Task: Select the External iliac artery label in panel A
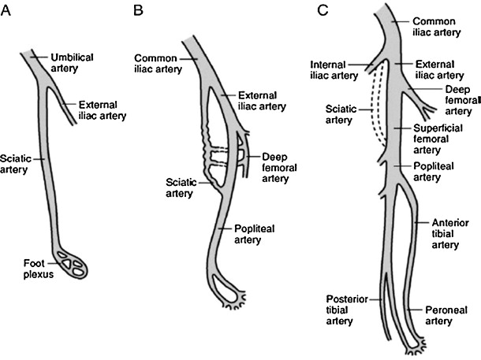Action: click(x=104, y=106)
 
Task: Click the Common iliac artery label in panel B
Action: click(x=160, y=64)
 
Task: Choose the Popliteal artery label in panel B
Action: click(x=254, y=234)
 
